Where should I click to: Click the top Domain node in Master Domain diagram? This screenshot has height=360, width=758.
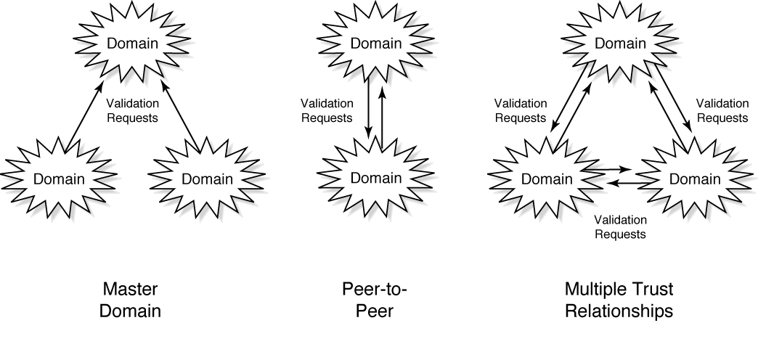[131, 43]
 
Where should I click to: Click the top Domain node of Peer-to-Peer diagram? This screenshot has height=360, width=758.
[375, 43]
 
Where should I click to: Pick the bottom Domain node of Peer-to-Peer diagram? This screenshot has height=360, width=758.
[375, 178]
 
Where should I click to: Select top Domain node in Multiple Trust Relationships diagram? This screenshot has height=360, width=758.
[619, 43]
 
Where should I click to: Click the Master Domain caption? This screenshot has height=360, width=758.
[131, 300]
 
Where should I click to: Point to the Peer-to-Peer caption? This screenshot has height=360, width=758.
[375, 300]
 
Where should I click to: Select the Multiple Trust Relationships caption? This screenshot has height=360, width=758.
[619, 300]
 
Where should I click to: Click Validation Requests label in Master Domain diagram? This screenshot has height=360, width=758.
[133, 110]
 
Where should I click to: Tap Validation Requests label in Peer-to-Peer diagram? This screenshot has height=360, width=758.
[326, 110]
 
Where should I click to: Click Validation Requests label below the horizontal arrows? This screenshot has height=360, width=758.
[619, 226]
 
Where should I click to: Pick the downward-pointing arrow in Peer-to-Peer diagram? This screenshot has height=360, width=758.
[369, 109]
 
